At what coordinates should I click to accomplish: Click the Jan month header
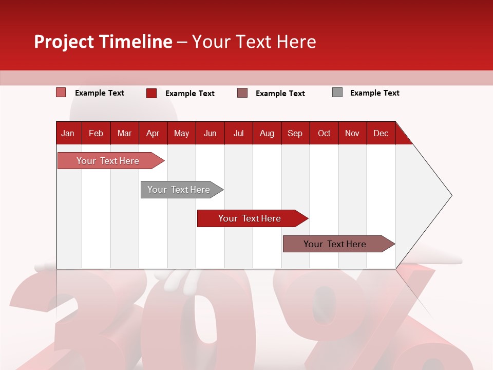[68, 133]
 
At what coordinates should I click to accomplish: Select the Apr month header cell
[153, 133]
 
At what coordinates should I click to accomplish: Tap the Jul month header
[238, 133]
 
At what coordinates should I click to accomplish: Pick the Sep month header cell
[295, 133]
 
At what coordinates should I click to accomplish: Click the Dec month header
[381, 133]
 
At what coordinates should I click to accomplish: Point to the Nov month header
[352, 133]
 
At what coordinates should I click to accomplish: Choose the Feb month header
[96, 133]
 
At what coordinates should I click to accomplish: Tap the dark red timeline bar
[250, 218]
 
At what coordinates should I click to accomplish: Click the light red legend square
[61, 92]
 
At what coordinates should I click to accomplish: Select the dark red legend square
[151, 93]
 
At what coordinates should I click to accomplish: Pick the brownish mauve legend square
[242, 93]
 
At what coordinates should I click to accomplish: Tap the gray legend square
[337, 92]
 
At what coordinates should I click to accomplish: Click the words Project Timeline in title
[103, 42]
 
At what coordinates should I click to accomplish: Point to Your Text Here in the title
[254, 42]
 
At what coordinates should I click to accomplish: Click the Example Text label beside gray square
[374, 93]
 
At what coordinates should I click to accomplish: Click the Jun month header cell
[210, 133]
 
